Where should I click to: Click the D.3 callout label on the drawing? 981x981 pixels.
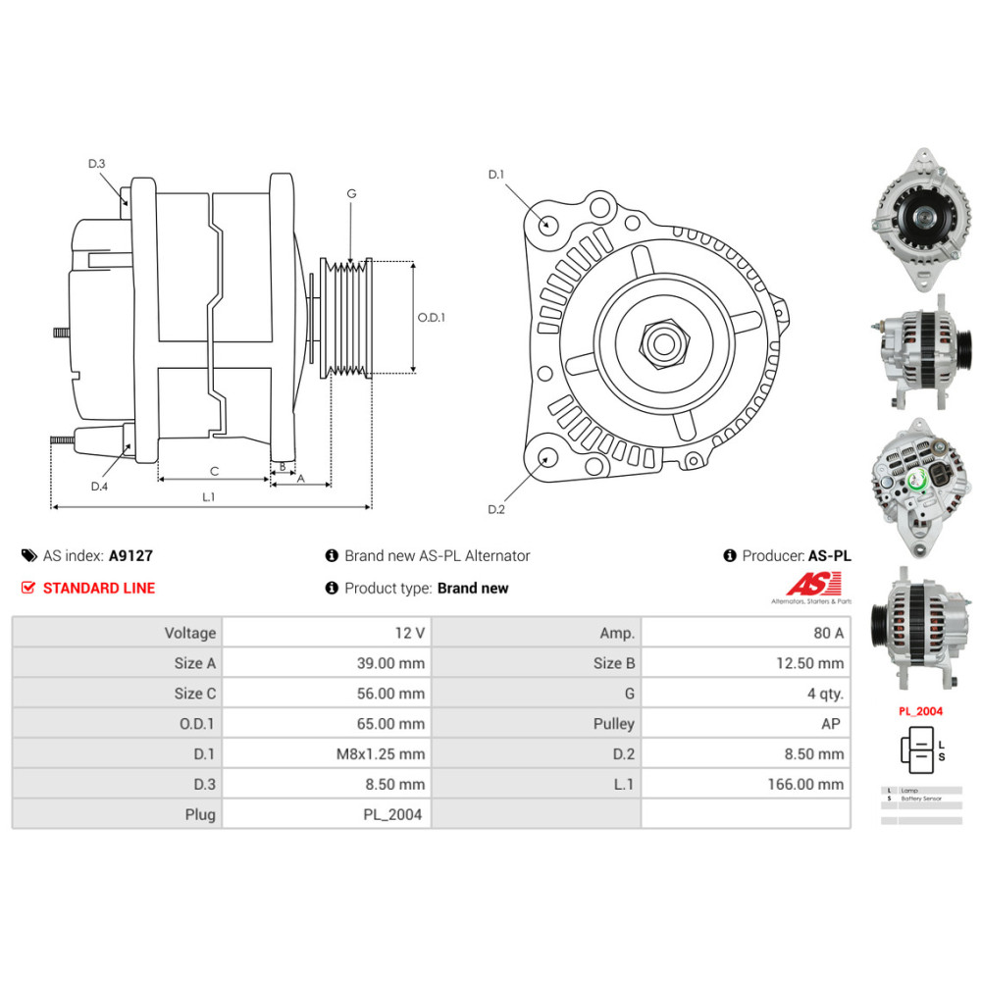tap(96, 164)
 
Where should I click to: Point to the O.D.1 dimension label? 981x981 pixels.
tap(432, 318)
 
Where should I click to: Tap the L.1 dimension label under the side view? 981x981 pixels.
tap(208, 497)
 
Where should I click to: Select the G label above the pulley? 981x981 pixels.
tap(350, 194)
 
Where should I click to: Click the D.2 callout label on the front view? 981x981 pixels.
tap(495, 509)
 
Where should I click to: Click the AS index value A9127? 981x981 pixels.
tap(130, 555)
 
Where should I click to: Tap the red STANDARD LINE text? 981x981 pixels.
tap(99, 589)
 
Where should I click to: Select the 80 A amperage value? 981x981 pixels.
tap(826, 633)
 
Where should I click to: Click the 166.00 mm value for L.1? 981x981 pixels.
tap(805, 784)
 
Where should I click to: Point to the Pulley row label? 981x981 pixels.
tap(615, 724)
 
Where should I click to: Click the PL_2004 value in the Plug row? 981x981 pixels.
tap(393, 814)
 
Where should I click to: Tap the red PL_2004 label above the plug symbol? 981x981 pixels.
tap(921, 710)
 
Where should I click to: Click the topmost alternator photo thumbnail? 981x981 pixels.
tap(919, 218)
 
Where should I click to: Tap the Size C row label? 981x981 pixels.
tap(194, 694)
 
